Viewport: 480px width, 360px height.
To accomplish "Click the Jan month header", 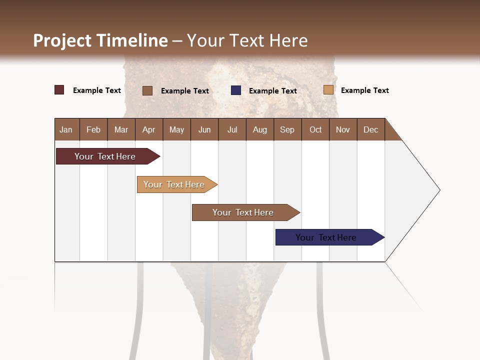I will [x=66, y=129].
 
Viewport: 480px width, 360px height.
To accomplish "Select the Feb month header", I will [x=93, y=129].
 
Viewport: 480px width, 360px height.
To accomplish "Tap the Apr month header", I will [x=148, y=129].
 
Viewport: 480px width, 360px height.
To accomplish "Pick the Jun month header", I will [x=204, y=129].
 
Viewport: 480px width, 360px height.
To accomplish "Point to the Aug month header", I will [x=259, y=129].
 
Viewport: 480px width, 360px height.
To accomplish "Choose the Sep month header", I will [x=287, y=129].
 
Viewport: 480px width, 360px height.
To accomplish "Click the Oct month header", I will [x=315, y=129].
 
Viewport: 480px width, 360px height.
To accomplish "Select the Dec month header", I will [x=370, y=129].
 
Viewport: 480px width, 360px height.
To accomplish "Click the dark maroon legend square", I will [x=59, y=90].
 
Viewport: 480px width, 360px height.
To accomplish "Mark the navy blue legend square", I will [x=236, y=90].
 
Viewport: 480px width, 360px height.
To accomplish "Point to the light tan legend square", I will [x=328, y=90].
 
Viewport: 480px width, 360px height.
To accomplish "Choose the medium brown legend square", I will [x=147, y=90].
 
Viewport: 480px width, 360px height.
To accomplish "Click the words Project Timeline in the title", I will [x=100, y=40].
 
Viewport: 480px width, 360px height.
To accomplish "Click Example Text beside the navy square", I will [x=272, y=91].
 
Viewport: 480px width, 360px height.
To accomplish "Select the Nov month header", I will [x=342, y=129].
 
